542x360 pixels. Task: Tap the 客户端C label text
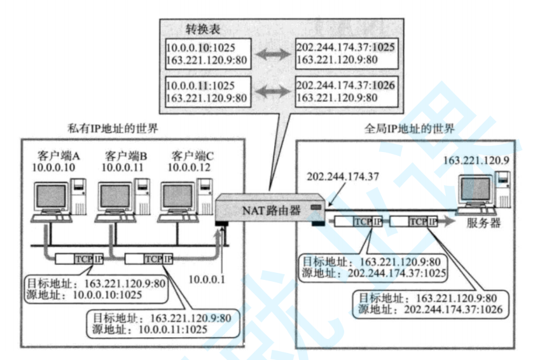193,155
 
